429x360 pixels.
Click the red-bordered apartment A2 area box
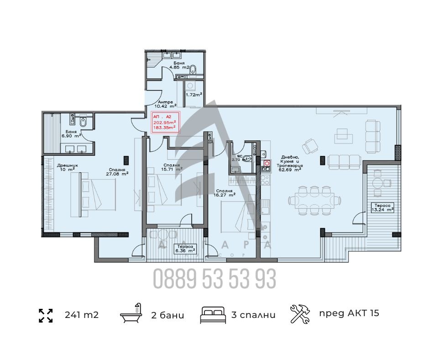[166, 122]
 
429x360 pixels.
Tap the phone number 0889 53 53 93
[214, 278]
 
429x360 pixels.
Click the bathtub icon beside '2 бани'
[130, 315]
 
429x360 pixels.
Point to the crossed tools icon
[300, 314]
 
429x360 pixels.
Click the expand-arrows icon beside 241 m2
[46, 315]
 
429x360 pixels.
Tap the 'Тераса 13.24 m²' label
[382, 207]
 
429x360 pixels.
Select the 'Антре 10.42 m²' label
[167, 105]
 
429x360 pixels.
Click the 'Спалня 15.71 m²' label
[173, 167]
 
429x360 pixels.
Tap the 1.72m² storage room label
[194, 95]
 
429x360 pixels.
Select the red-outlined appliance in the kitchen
[267, 163]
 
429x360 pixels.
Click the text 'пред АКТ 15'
[349, 313]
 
